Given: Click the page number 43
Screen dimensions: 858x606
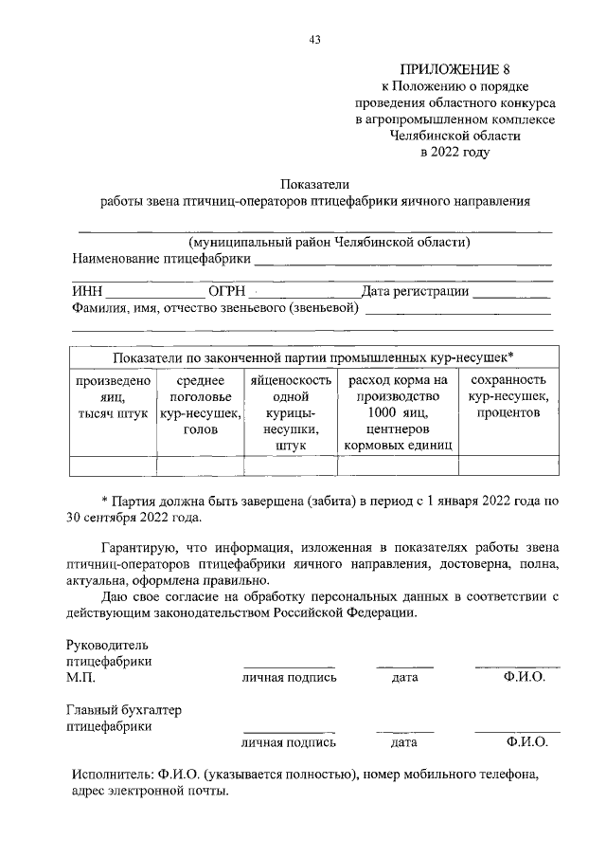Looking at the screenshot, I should pos(314,39).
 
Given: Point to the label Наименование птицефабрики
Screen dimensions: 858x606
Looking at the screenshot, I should pos(162,258).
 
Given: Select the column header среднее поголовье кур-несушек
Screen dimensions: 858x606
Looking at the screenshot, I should pos(200,405).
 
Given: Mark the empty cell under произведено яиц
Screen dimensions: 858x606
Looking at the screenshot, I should pos(113,465).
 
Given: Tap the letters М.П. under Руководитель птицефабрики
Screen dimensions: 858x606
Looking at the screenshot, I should pos(81,678).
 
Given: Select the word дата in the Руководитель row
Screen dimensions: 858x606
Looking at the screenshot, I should pos(404,678).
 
